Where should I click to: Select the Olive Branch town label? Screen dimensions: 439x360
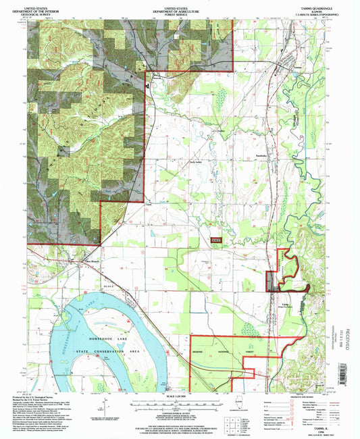click(x=72, y=259)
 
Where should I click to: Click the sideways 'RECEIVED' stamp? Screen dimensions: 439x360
click(x=347, y=351)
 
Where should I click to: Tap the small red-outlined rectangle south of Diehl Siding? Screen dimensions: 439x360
click(x=216, y=239)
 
